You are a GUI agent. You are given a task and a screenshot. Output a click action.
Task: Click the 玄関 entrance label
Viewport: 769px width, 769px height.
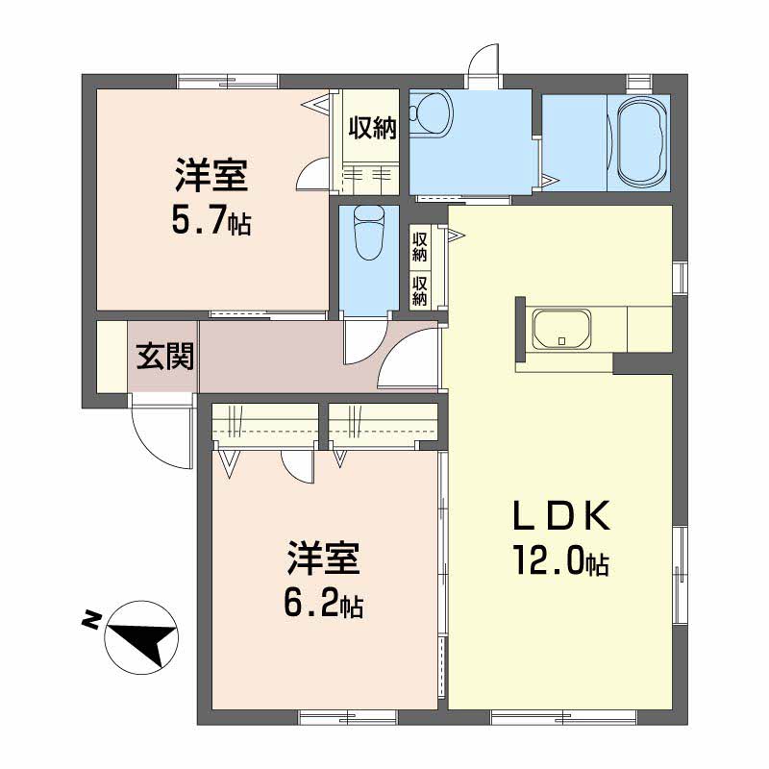(164, 356)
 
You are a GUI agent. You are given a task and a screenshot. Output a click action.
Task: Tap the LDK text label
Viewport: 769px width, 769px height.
(561, 515)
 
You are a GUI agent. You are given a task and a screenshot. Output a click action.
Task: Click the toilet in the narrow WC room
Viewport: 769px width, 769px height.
(369, 233)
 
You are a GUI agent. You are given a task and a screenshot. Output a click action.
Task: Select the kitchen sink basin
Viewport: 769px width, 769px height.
(562, 329)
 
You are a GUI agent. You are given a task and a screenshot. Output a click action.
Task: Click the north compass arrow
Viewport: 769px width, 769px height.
(145, 641)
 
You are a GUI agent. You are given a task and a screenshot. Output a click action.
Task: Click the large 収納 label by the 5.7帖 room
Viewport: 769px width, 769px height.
(372, 129)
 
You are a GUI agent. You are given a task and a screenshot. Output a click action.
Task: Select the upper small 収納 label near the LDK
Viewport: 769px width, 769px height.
(420, 247)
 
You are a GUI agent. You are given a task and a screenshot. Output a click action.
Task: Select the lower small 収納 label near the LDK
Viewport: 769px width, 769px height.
(420, 291)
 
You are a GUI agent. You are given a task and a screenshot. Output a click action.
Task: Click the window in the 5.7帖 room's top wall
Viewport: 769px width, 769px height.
(227, 82)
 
